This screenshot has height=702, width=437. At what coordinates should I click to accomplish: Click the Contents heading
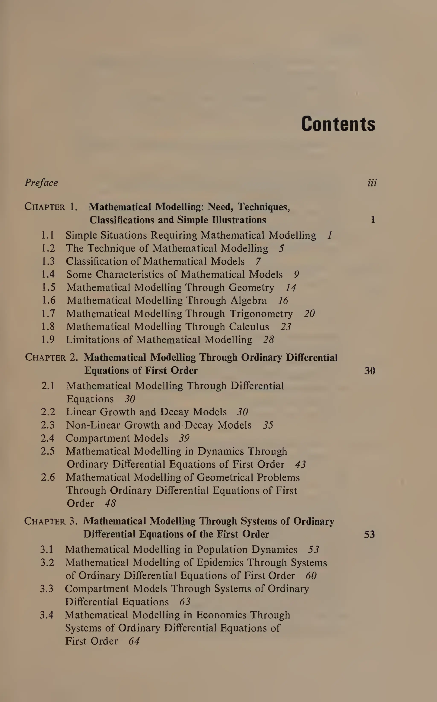338,124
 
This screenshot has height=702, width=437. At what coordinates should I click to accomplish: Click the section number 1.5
48,287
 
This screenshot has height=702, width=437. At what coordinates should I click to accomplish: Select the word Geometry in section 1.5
251,288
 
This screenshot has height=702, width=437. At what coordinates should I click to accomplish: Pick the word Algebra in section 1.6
248,301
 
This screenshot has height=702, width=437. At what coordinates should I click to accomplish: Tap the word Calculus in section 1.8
249,327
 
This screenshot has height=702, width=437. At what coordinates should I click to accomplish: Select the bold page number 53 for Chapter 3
369,534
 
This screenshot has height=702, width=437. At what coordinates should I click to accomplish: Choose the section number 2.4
48,438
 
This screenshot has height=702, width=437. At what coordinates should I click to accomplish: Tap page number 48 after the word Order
110,503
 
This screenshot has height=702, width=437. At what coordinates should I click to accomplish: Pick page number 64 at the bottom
134,641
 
